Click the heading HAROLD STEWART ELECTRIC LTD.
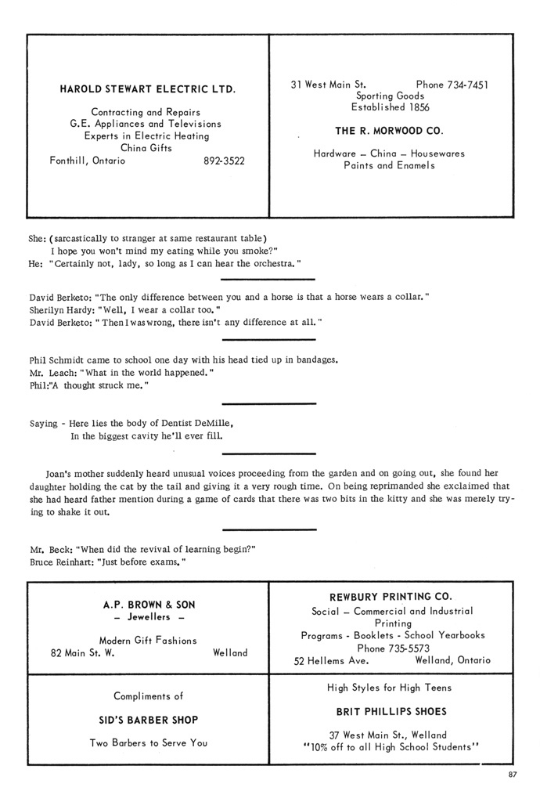(x=147, y=89)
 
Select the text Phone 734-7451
(x=452, y=85)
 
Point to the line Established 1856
(x=389, y=107)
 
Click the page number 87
(x=513, y=775)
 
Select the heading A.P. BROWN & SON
(x=149, y=605)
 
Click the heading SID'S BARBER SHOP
(x=149, y=720)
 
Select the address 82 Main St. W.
(x=82, y=653)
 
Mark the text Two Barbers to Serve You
(x=149, y=743)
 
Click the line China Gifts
(x=146, y=147)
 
